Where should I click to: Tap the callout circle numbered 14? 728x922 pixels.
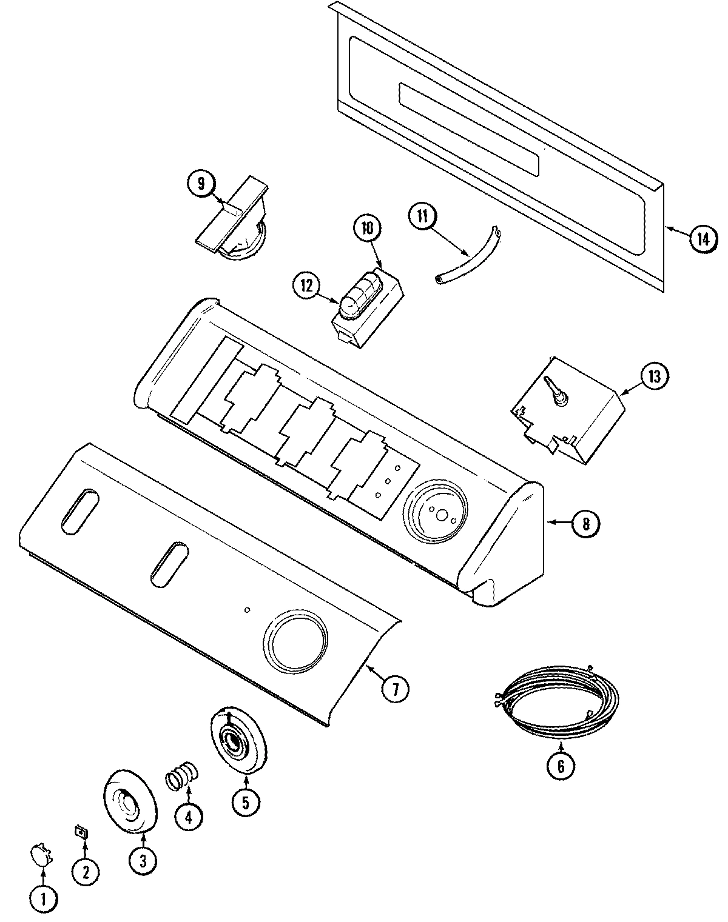tap(701, 239)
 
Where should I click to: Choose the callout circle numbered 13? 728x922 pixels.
tap(653, 376)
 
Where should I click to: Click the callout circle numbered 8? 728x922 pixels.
tap(585, 523)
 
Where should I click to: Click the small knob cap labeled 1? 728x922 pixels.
tap(41, 856)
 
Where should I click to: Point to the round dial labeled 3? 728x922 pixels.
tap(130, 810)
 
